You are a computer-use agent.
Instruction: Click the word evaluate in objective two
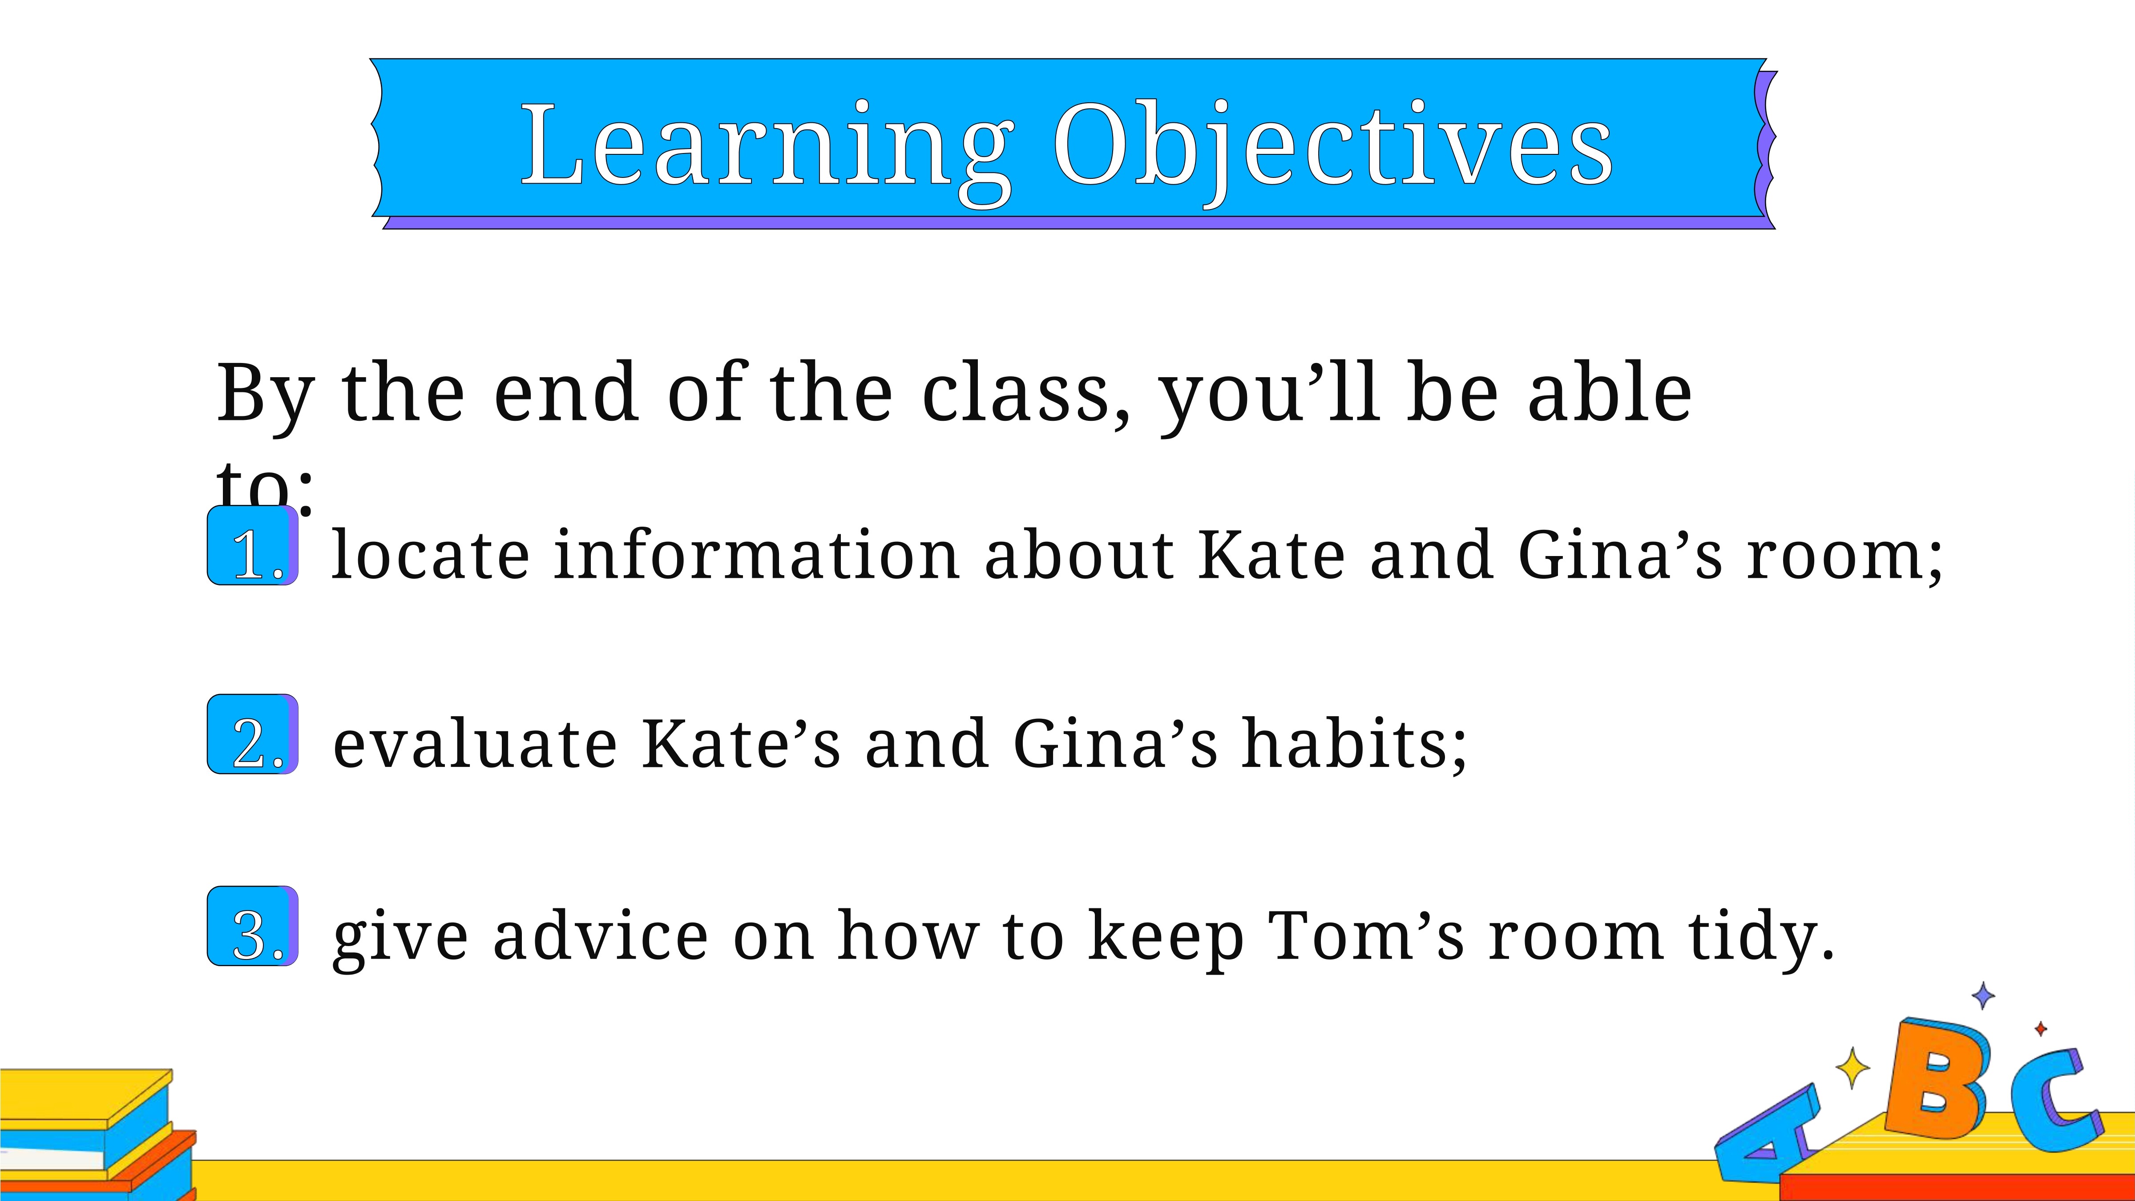pyautogui.click(x=475, y=743)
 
